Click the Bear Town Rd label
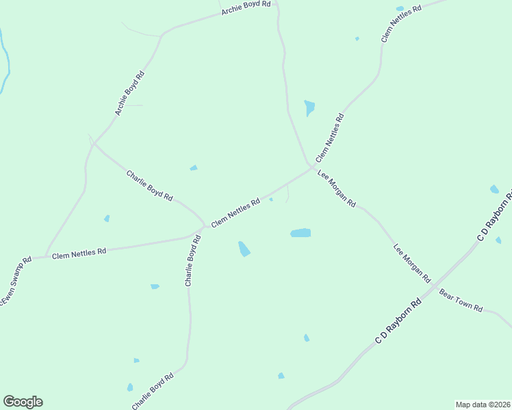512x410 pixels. (461, 301)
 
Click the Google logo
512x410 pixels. (23, 402)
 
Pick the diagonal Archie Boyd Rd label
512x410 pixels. (130, 93)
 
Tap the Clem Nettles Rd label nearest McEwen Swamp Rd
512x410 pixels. (79, 253)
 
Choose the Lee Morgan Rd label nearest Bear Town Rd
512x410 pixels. (411, 263)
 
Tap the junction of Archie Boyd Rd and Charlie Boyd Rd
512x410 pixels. (92, 142)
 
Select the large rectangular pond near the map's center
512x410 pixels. (300, 233)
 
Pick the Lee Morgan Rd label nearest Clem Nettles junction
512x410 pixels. (337, 189)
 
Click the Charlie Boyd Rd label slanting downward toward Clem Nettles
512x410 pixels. (149, 184)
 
